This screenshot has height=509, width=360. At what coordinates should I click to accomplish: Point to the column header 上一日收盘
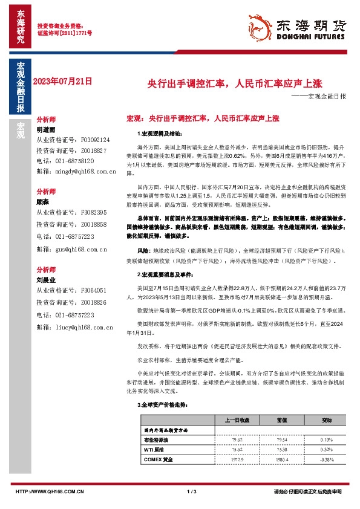pos(237,420)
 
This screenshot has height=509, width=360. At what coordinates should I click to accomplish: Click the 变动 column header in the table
pos(327,420)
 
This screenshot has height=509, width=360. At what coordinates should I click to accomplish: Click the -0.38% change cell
pos(327,461)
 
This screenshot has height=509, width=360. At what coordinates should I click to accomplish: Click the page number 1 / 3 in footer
pos(192,491)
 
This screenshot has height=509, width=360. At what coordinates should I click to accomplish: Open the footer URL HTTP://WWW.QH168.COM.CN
pos(49,491)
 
